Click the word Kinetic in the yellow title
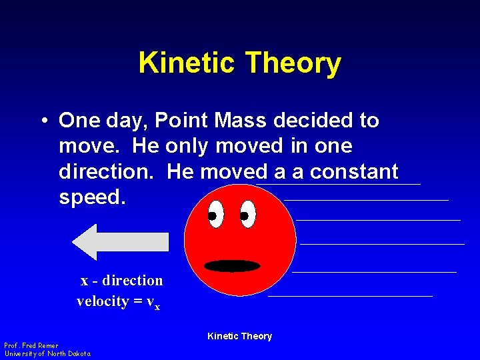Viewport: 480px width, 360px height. (x=187, y=64)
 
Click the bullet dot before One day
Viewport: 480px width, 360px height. (x=42, y=121)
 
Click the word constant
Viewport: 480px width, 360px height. (x=353, y=172)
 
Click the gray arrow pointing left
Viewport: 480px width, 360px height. (x=120, y=242)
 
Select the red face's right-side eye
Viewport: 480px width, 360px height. (x=247, y=215)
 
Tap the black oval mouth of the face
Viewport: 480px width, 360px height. (x=232, y=266)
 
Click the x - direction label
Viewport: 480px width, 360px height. (x=121, y=281)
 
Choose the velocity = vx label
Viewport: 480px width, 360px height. (x=118, y=301)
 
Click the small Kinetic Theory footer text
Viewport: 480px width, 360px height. (x=239, y=337)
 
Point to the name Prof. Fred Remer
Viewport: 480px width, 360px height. (x=31, y=346)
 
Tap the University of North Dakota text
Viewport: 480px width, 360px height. (x=47, y=354)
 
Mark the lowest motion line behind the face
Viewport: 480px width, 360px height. (x=350, y=296)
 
